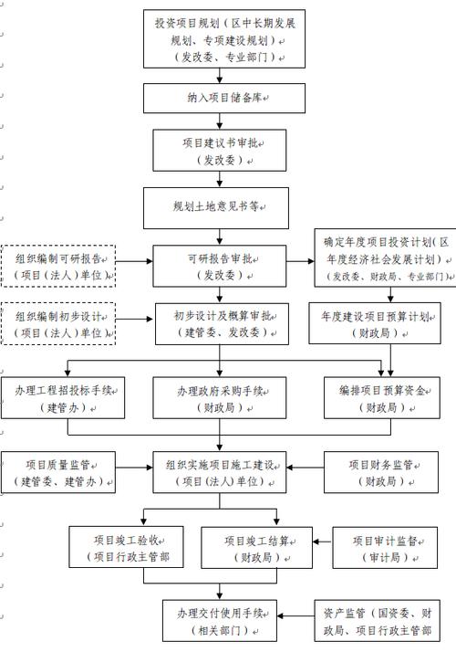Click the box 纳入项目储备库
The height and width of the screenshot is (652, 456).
point(221,97)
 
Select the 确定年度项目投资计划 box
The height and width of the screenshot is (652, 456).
point(384,258)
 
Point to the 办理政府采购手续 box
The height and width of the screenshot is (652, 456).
point(220,398)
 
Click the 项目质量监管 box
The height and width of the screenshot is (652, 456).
point(59,471)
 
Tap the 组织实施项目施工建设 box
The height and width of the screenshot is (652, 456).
point(220,471)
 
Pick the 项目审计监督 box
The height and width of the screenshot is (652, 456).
point(383,547)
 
